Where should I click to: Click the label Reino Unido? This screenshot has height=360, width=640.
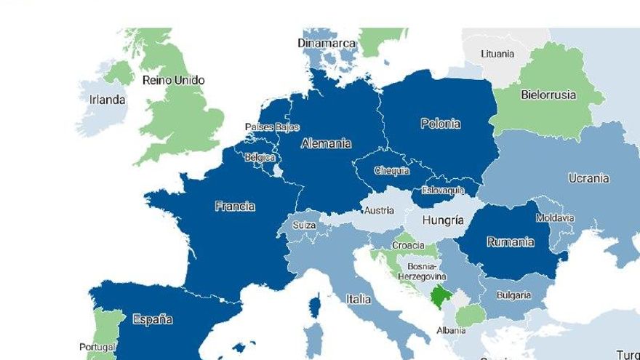[x=173, y=80]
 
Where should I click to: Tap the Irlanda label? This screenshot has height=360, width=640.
[x=107, y=100]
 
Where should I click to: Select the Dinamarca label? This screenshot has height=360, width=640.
[x=327, y=43]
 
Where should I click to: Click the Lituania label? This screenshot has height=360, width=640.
[x=497, y=54]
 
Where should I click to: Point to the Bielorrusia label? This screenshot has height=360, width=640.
[x=548, y=95]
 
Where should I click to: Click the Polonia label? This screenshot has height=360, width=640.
[x=440, y=124]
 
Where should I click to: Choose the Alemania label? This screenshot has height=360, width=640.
[x=326, y=143]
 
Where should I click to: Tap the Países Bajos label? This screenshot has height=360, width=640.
[x=272, y=127]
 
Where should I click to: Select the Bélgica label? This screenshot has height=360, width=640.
[x=260, y=157]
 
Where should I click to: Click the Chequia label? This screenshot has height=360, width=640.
[x=391, y=171]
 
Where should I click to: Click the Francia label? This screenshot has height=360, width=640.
[x=235, y=207]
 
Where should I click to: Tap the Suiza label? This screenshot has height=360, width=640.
[x=304, y=225]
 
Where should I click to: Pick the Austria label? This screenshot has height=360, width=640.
[x=379, y=211]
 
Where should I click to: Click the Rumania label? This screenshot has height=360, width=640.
[x=510, y=241]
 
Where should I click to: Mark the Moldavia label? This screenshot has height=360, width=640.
[x=555, y=218]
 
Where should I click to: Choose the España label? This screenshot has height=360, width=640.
[x=153, y=319]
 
